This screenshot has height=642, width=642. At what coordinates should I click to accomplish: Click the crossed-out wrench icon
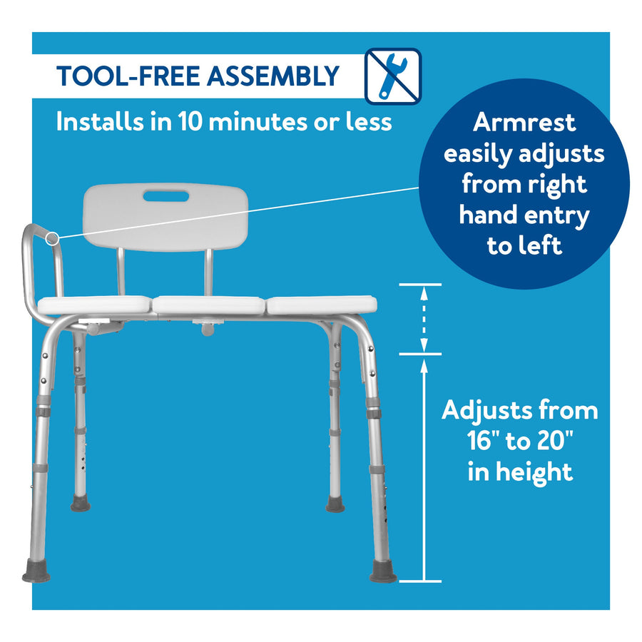tap(392, 76)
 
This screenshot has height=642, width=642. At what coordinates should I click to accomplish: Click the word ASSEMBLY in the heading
tap(273, 76)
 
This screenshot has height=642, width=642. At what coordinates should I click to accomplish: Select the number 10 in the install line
tap(190, 121)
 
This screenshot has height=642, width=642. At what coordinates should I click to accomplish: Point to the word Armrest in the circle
tap(524, 122)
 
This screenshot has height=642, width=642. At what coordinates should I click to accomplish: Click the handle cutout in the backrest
tap(165, 196)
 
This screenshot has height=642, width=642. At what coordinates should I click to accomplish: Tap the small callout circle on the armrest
tap(52, 238)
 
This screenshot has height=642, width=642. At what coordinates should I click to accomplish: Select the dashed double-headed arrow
tap(424, 319)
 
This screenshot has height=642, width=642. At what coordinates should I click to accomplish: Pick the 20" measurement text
tap(555, 441)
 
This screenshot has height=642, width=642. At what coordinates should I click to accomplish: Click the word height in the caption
tap(534, 472)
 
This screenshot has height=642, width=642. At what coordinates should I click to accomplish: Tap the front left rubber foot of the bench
tap(36, 572)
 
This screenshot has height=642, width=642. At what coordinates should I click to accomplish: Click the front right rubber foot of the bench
tap(383, 572)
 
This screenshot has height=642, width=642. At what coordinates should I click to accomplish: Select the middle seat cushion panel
tap(209, 305)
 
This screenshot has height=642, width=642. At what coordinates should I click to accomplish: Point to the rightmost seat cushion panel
tap(322, 305)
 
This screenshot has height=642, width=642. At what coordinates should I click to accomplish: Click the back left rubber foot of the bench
tap(80, 503)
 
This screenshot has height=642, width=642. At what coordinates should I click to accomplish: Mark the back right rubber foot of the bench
tap(335, 504)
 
